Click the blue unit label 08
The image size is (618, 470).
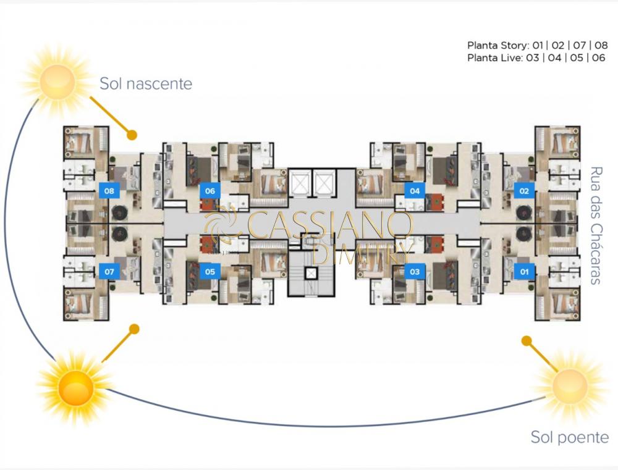click(x=109, y=191)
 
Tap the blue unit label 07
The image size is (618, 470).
click(x=109, y=271)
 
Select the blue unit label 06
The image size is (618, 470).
click(x=210, y=191)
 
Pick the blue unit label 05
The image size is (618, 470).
click(x=210, y=271)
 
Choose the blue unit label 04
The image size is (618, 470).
click(x=415, y=191)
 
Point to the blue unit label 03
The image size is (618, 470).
click(x=415, y=271)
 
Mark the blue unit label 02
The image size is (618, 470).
click(x=524, y=191)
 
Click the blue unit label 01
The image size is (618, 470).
click(x=524, y=271)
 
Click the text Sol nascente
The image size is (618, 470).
click(x=146, y=83)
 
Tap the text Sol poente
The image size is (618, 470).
click(x=569, y=437)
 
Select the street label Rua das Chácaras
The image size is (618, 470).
click(x=596, y=225)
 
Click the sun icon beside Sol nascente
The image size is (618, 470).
click(x=57, y=79)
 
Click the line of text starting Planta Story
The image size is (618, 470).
click(x=537, y=45)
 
